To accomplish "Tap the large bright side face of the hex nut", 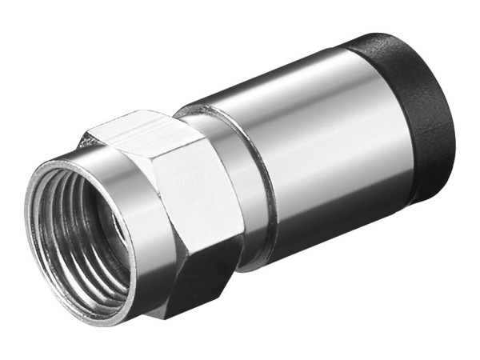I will point(200,208).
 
